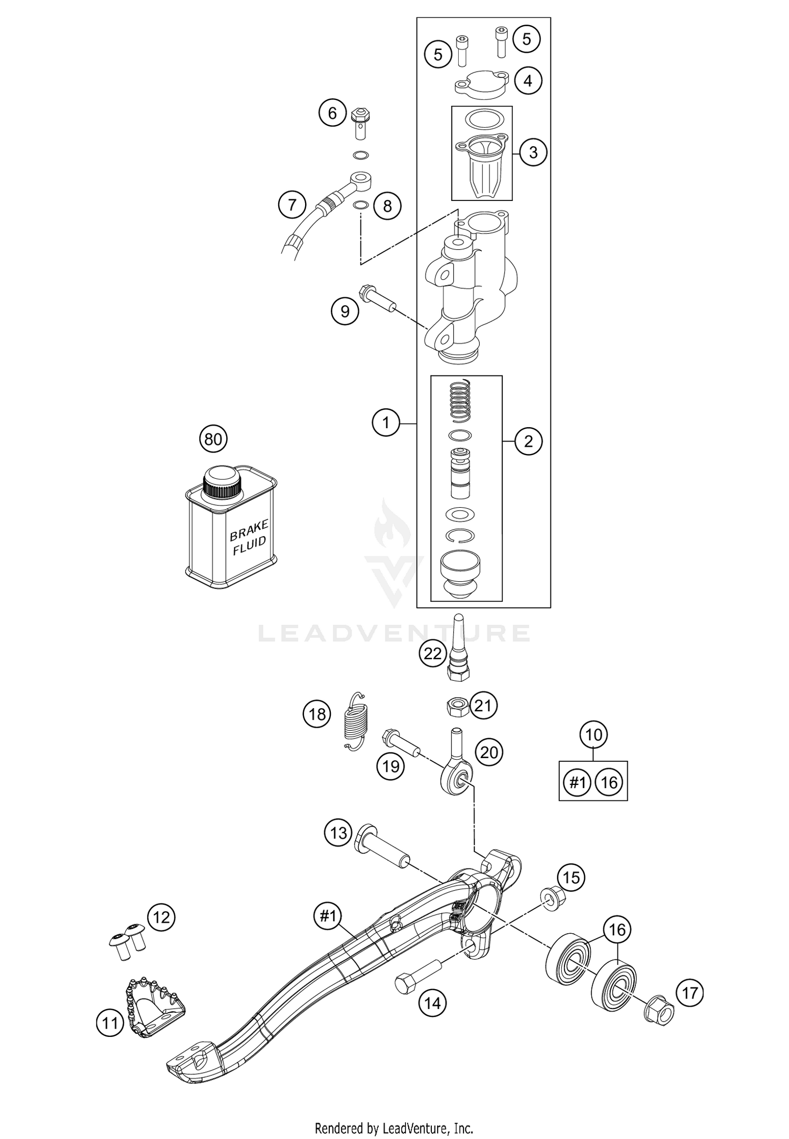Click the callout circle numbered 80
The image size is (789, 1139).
coord(213,439)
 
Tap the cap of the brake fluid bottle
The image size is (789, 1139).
coord(222,482)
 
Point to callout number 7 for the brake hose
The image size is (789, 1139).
coord(292,205)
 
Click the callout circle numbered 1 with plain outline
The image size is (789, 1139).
coord(386,423)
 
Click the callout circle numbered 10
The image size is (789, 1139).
coord(593,734)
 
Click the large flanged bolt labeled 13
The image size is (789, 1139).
coord(381,845)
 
